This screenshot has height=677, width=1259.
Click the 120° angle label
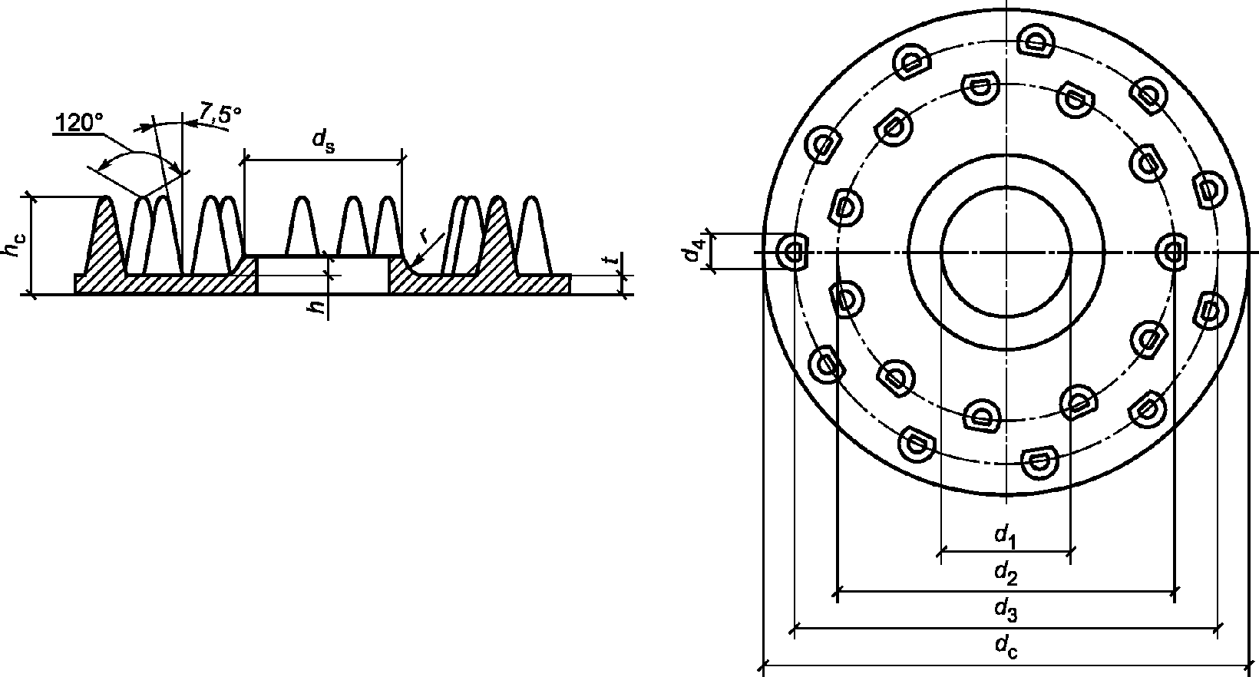pos(79,123)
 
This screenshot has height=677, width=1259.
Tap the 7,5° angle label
pos(220,113)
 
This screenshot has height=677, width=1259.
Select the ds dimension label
pos(324,141)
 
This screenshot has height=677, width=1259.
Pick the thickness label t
pos(616,259)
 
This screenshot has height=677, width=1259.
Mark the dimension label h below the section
pos(318,307)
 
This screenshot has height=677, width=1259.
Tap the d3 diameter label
pos(1006,610)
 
